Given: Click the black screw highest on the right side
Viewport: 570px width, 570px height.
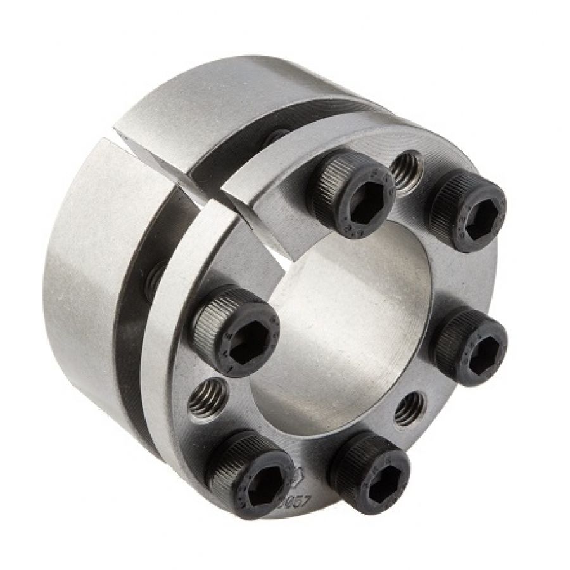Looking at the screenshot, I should pos(468,211).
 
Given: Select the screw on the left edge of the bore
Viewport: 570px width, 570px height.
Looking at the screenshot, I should pos(236,329).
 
